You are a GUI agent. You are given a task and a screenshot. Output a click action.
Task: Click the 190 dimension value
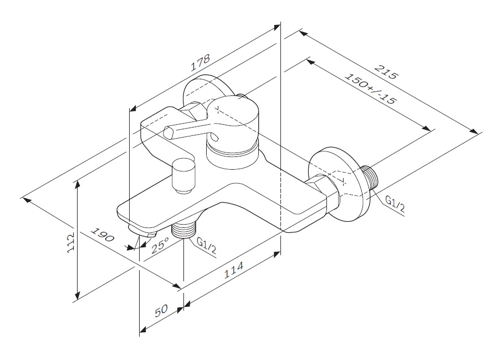[102, 235]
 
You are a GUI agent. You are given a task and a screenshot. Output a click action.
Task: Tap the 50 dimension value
[161, 311]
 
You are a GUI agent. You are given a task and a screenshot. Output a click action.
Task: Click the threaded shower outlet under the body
[185, 229]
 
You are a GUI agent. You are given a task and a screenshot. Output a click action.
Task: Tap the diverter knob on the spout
[183, 174]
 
